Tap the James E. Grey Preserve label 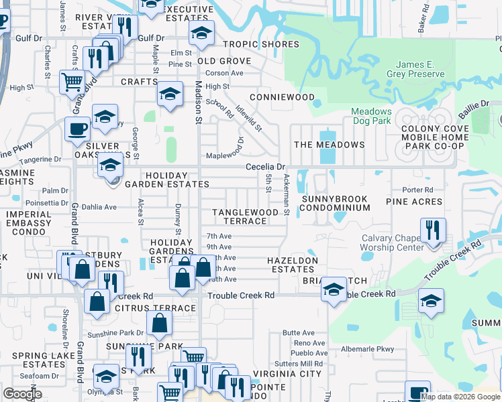click(415, 69)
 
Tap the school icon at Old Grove click(201, 33)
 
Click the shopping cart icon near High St click(72, 82)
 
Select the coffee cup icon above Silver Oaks click(77, 129)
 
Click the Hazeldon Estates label click(291, 265)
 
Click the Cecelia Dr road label click(266, 166)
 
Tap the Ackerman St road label click(287, 195)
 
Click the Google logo click(22, 393)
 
